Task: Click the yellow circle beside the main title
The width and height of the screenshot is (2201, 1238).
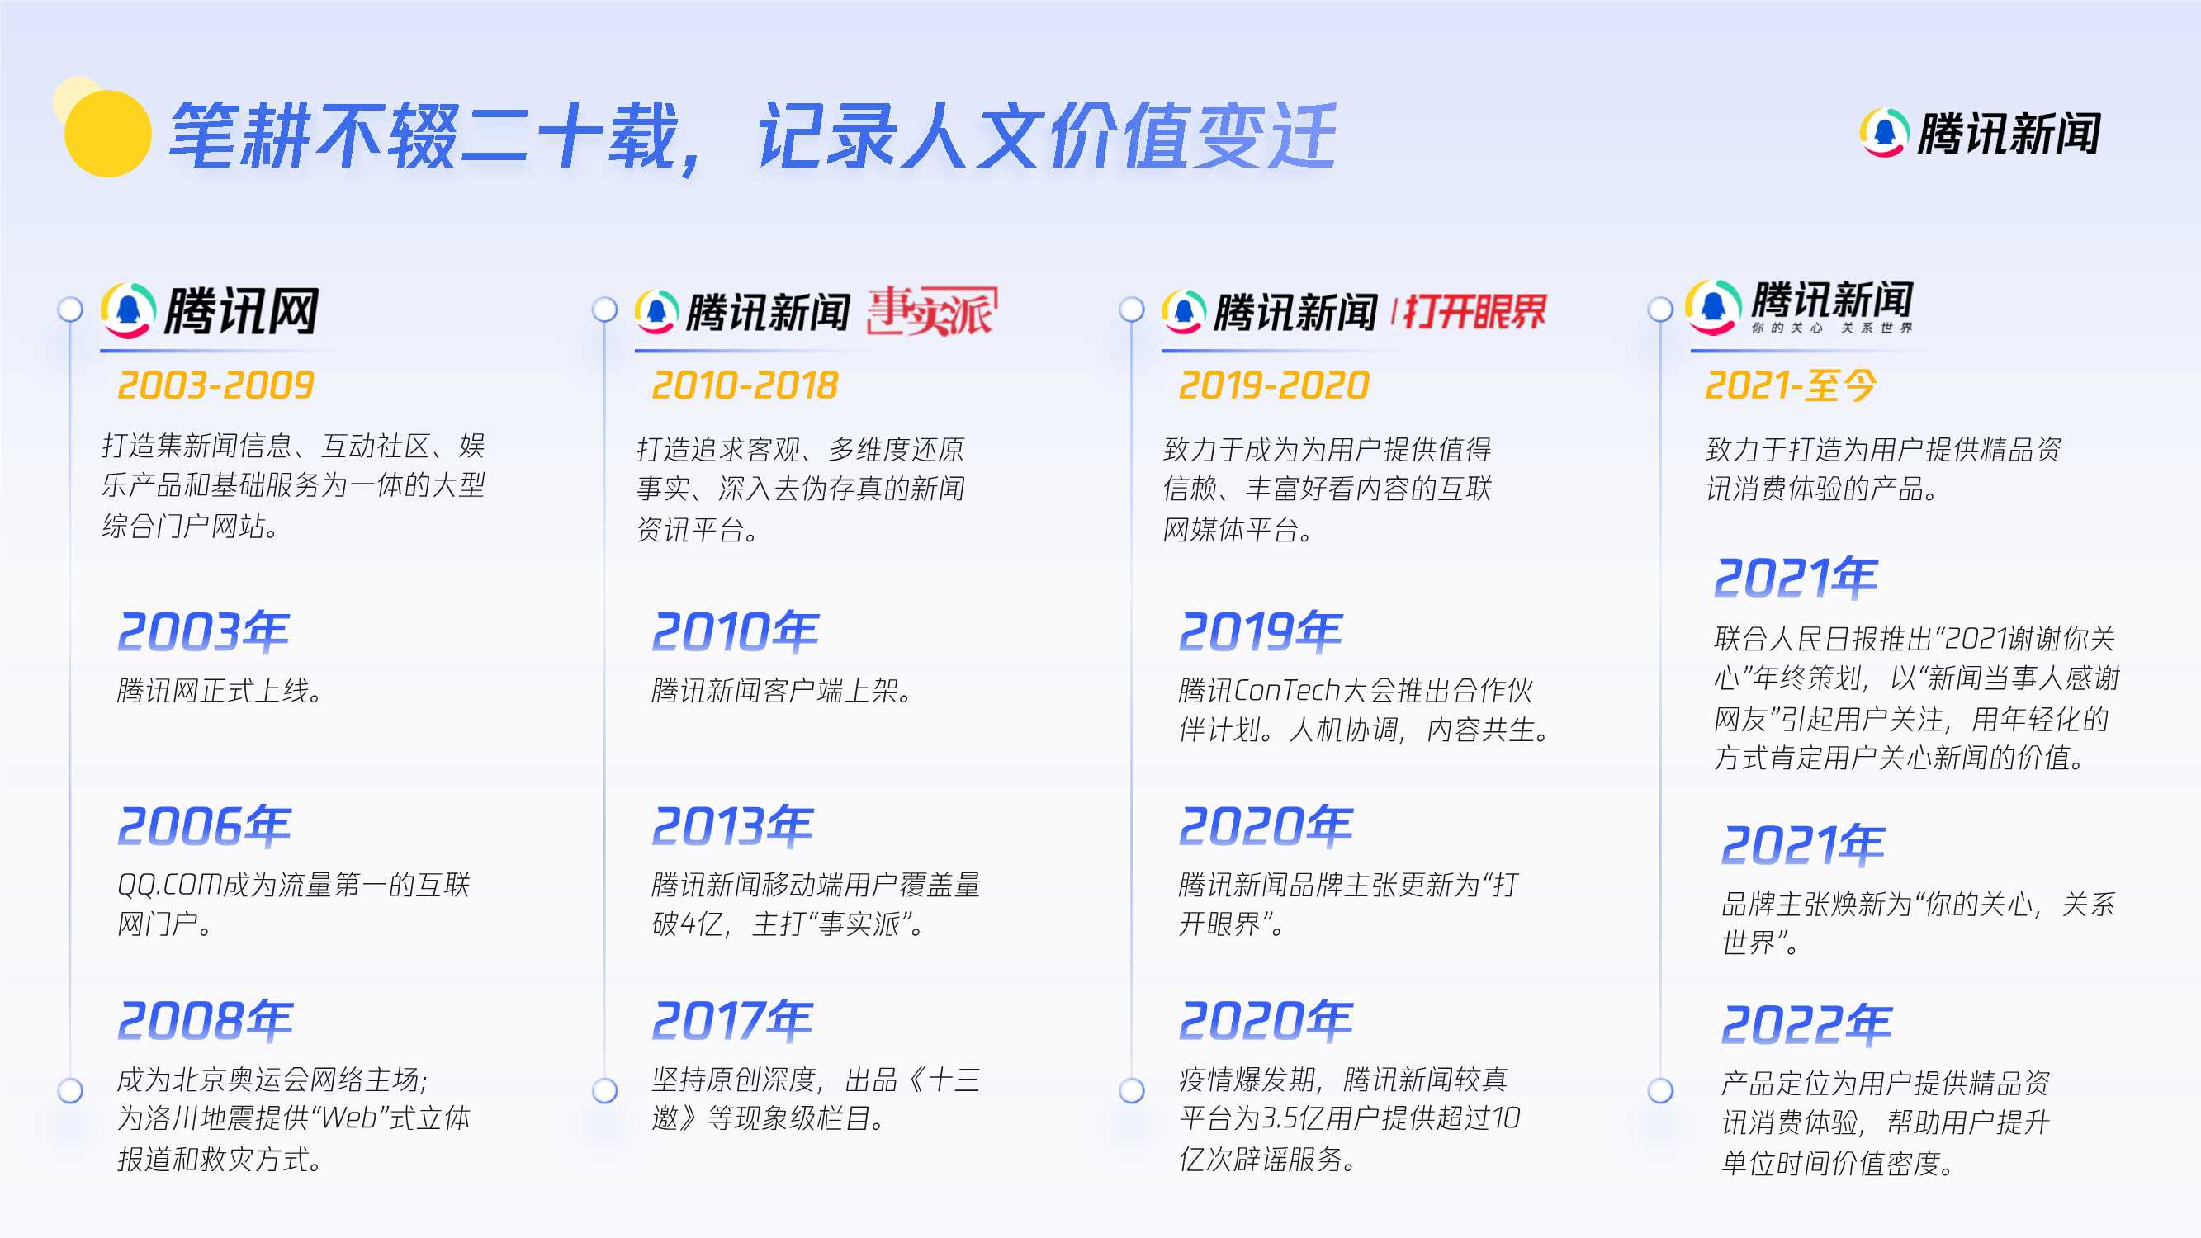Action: [107, 133]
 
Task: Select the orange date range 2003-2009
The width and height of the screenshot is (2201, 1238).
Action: [215, 385]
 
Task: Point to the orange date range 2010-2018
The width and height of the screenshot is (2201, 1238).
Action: [744, 385]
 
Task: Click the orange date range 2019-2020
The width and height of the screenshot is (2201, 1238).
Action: [1273, 385]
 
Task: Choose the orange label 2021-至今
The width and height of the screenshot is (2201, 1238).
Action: [1790, 385]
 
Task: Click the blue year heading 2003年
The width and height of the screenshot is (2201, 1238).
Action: [203, 632]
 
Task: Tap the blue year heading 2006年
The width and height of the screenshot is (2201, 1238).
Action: [204, 826]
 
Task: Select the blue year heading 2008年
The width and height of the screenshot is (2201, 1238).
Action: [205, 1020]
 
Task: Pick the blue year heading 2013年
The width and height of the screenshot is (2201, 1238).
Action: [732, 826]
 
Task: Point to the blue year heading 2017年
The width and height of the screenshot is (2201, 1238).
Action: [732, 1020]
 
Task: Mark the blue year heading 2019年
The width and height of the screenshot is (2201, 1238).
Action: [1261, 632]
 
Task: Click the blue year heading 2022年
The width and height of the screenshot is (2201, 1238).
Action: [1806, 1024]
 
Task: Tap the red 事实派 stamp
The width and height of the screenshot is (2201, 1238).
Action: [931, 311]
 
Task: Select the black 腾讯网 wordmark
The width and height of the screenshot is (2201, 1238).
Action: [242, 311]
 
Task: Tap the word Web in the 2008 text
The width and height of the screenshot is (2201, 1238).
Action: [348, 1118]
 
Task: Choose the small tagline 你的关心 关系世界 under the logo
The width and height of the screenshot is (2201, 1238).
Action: [1831, 328]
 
